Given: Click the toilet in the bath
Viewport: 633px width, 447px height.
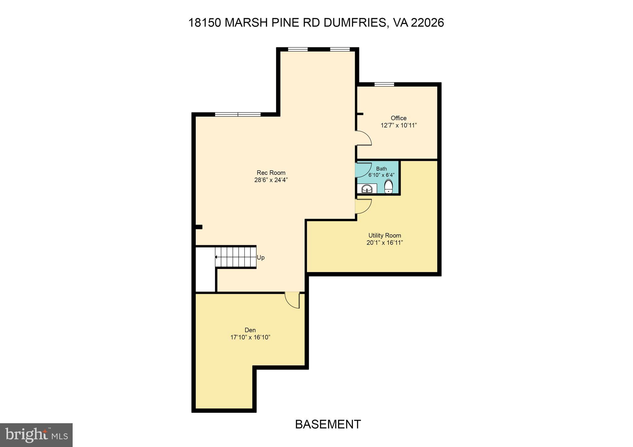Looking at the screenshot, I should [389, 187].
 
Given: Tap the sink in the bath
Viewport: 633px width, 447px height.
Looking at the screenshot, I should [367, 188].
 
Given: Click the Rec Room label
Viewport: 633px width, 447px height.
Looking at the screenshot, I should [271, 173].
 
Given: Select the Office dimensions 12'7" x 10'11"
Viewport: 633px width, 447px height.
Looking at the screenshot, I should [399, 125].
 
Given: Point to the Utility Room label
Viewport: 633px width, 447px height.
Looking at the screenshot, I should [384, 235].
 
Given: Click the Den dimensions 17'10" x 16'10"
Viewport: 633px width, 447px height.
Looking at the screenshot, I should [250, 337].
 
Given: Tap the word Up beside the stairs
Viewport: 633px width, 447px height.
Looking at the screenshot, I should [261, 257].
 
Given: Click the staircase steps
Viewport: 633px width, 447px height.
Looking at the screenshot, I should [236, 257].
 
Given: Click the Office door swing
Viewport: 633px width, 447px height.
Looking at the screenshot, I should [363, 138].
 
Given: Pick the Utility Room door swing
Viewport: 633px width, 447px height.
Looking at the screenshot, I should [363, 206].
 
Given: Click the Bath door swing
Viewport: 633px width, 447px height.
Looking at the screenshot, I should [363, 170].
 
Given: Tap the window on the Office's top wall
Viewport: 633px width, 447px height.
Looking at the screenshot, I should [384, 84].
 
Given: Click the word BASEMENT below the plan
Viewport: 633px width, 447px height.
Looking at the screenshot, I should [328, 424].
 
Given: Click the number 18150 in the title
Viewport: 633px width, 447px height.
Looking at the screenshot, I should [204, 23].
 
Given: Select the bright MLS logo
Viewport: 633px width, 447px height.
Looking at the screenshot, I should [36, 435].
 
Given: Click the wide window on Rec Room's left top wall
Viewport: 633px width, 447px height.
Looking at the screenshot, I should [238, 114].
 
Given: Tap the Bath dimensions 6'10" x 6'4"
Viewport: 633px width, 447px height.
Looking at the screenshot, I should [381, 175].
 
